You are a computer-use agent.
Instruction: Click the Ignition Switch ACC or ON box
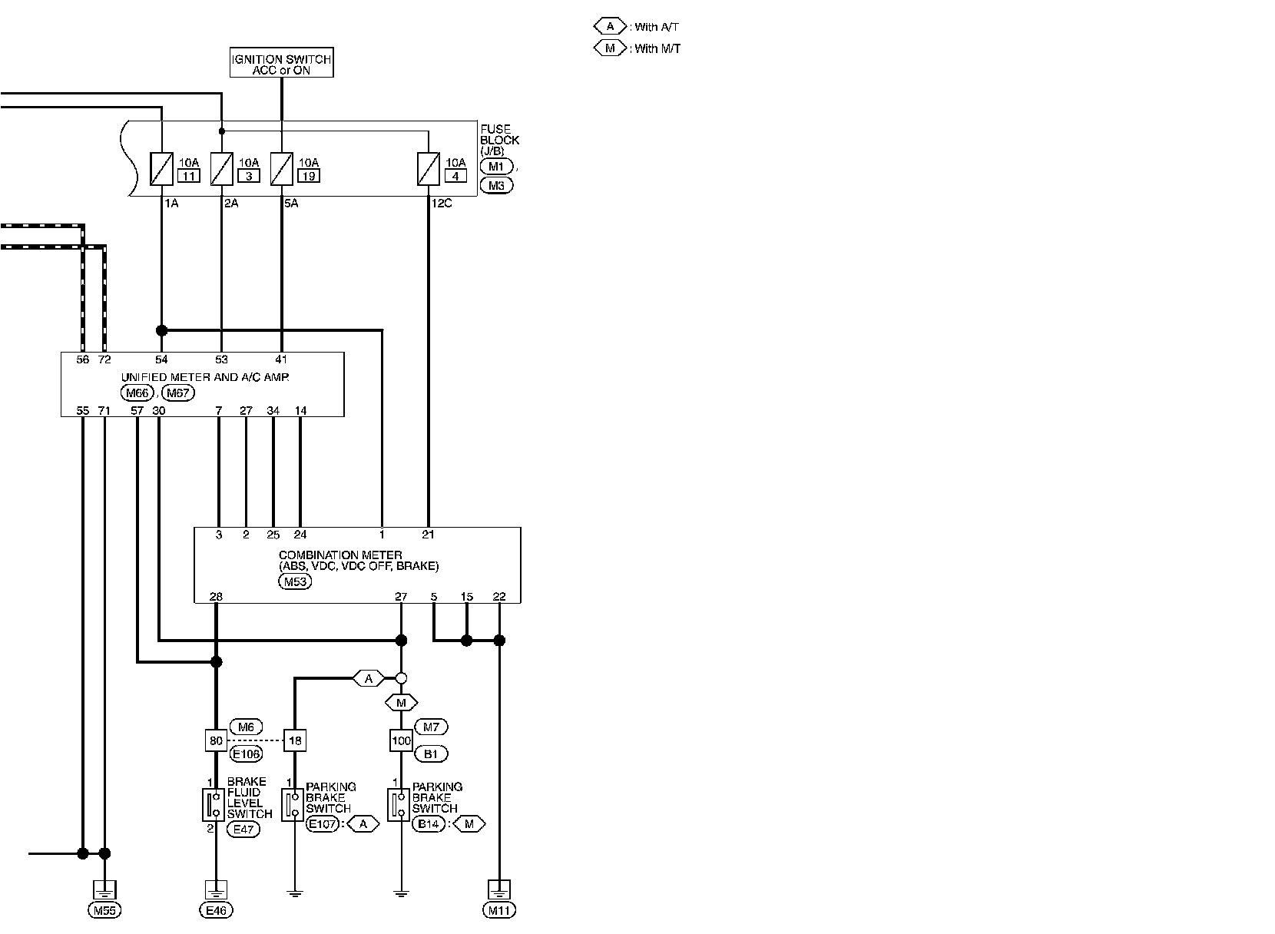pos(281,64)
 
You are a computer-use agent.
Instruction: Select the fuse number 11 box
pos(188,176)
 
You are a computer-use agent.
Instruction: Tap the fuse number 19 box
pos(308,176)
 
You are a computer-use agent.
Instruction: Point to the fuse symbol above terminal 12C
pos(427,169)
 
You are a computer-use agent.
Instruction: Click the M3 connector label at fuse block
pos(496,185)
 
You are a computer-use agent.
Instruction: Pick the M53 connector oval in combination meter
pos(294,581)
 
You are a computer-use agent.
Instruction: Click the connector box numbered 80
pos(216,741)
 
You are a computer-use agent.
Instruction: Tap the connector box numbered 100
pos(401,741)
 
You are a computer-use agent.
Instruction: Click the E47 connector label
pos(243,829)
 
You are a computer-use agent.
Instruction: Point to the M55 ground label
pos(104,911)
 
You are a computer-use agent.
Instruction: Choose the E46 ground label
pos(216,911)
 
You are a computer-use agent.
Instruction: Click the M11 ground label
pos(499,911)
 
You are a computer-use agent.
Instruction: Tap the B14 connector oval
pos(429,824)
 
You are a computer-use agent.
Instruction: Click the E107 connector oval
pos(323,824)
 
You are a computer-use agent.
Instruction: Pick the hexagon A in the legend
pos(611,27)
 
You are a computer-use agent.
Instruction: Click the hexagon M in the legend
pos(611,48)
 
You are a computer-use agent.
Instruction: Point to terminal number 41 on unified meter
pos(282,359)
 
